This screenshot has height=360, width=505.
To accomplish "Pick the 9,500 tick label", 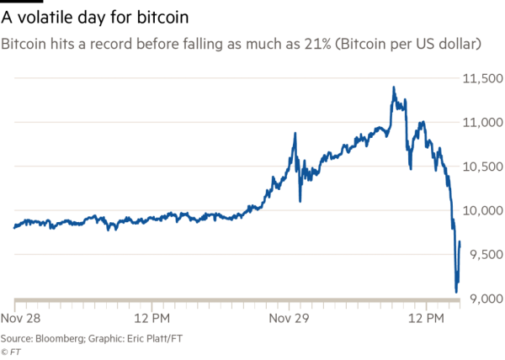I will tap(485, 255).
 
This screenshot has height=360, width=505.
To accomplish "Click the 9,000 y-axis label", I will tap(485, 299).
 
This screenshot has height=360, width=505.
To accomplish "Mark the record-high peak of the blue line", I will tap(393, 86).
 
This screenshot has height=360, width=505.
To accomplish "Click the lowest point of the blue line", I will tap(456, 291).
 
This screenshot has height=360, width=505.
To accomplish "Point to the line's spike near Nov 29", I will tap(295, 133).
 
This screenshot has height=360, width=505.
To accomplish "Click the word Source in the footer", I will tap(17, 338).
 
